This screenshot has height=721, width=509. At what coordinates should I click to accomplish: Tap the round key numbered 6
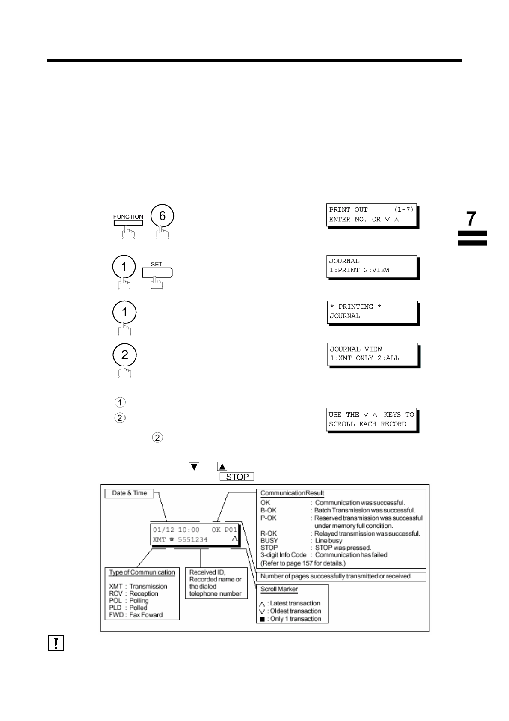point(162,216)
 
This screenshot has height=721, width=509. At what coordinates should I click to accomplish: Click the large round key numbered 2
point(124,355)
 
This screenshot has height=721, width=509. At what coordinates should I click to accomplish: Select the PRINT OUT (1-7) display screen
point(371,215)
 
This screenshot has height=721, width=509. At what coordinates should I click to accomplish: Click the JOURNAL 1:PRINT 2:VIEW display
point(371,266)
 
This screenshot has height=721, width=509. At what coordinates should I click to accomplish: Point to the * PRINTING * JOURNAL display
point(372,312)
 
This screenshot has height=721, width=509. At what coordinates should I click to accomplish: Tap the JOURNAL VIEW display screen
point(373,354)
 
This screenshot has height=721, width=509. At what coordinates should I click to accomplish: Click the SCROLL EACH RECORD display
point(371,420)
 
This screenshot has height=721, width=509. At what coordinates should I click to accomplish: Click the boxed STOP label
point(237,477)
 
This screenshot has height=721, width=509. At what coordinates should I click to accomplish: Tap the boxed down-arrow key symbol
point(194,467)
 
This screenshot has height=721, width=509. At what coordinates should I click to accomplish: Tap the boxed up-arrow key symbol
point(222,467)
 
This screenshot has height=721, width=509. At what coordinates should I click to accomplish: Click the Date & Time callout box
point(129,493)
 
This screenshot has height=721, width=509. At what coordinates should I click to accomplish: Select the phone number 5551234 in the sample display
point(192,539)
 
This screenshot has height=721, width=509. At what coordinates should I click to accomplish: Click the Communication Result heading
point(292,493)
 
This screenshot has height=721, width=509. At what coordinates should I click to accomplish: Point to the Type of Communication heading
point(142,572)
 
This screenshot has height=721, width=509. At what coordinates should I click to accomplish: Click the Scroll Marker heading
point(279,589)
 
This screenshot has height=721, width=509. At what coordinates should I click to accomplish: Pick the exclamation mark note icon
point(56,644)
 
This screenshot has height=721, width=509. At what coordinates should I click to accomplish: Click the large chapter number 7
point(471,219)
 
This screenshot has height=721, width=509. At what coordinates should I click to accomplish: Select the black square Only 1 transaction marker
point(262,619)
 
